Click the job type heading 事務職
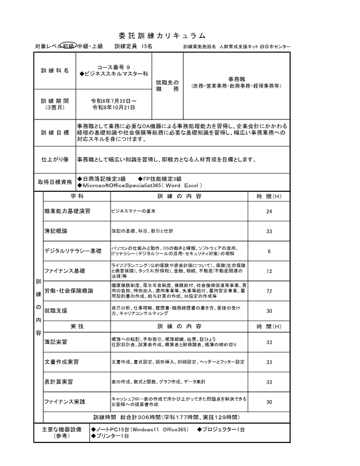(236, 78)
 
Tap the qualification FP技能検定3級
(159, 178)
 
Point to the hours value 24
(269, 211)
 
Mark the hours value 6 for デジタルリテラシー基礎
(269, 251)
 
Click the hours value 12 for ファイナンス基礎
(269, 271)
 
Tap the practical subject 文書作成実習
(62, 362)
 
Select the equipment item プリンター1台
(109, 436)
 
